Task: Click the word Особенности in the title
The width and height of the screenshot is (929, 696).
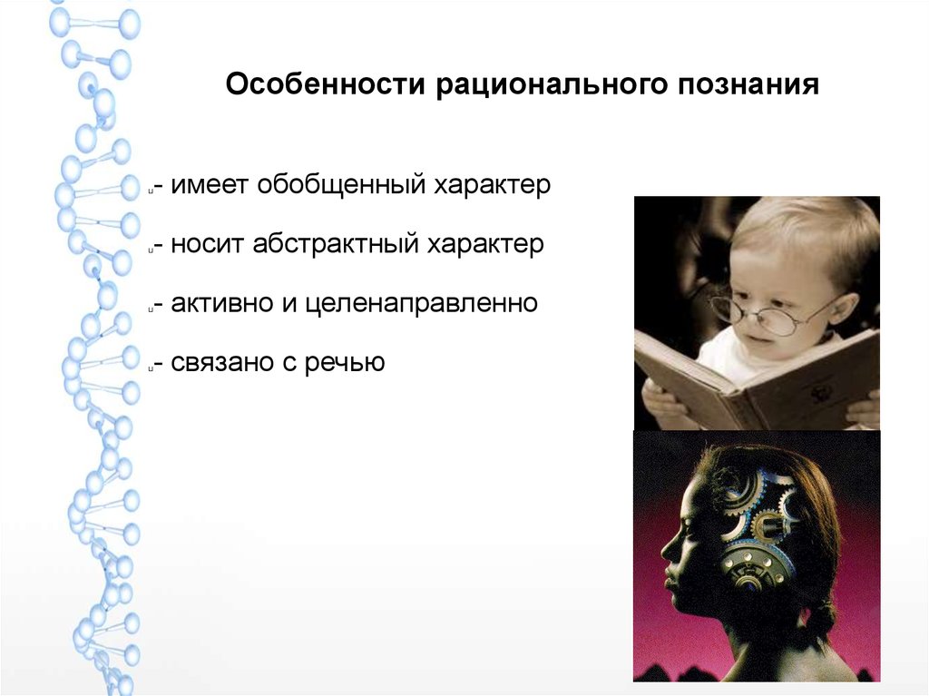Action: (326, 83)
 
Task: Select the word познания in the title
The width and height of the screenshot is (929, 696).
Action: (748, 84)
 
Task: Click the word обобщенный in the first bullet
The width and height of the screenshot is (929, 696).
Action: (341, 184)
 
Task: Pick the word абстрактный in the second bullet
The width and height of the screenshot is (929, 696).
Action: (334, 244)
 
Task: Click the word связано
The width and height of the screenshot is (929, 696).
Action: (221, 363)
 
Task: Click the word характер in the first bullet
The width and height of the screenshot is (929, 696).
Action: (492, 186)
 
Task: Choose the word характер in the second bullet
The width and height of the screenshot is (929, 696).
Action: (485, 245)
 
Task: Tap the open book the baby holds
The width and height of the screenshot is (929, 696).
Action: (758, 379)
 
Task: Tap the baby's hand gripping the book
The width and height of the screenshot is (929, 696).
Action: (662, 402)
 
